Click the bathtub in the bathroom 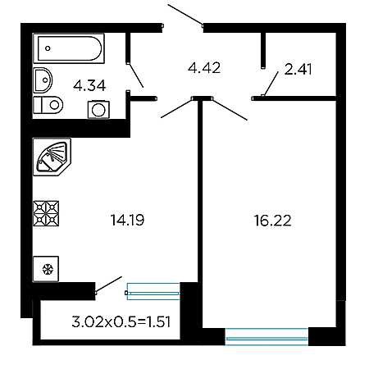pos(69,48)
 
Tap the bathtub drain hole pos(48,48)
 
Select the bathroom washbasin pos(43,80)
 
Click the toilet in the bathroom pos(48,104)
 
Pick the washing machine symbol pos(98,110)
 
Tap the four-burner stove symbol pos(46,213)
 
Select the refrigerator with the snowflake pos(46,269)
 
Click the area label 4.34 pos(89,86)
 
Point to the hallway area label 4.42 pos(204,68)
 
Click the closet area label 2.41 pos(298,69)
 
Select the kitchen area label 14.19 pos(127,220)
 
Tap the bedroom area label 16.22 pos(273,221)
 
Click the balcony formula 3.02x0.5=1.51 pos(121,321)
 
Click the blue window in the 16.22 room pos(266,336)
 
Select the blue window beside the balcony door pos(153,292)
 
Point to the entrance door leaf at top pos(185,15)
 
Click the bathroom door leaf pos(136,75)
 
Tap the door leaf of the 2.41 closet pos(271,84)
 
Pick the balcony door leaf pos(108,285)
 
